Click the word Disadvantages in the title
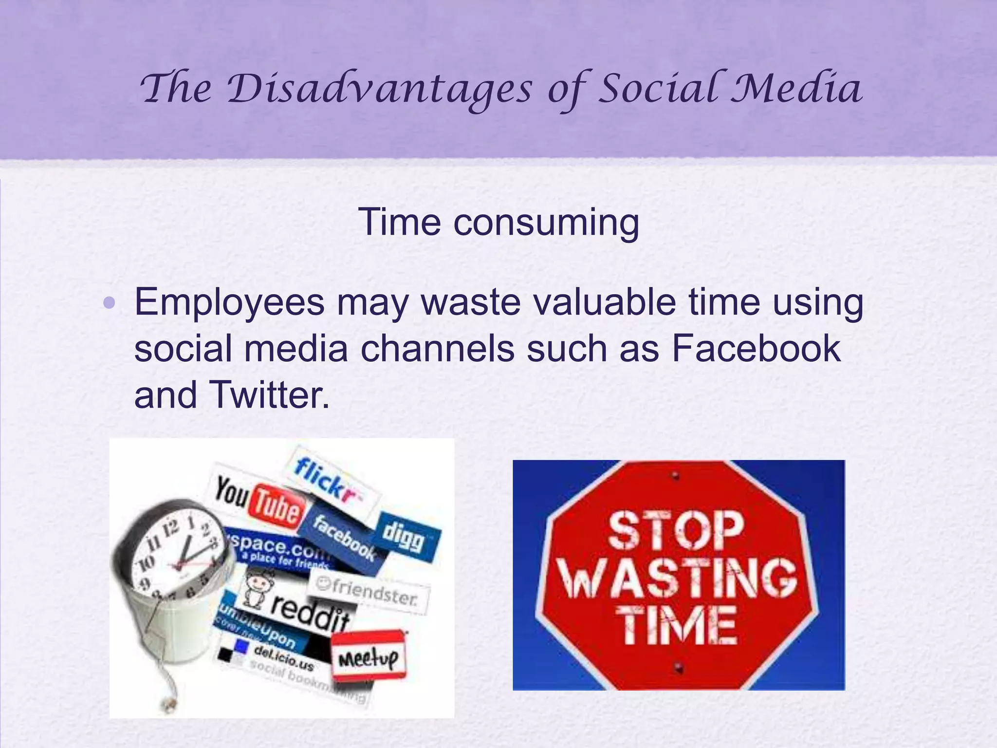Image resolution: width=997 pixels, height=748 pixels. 380,90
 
